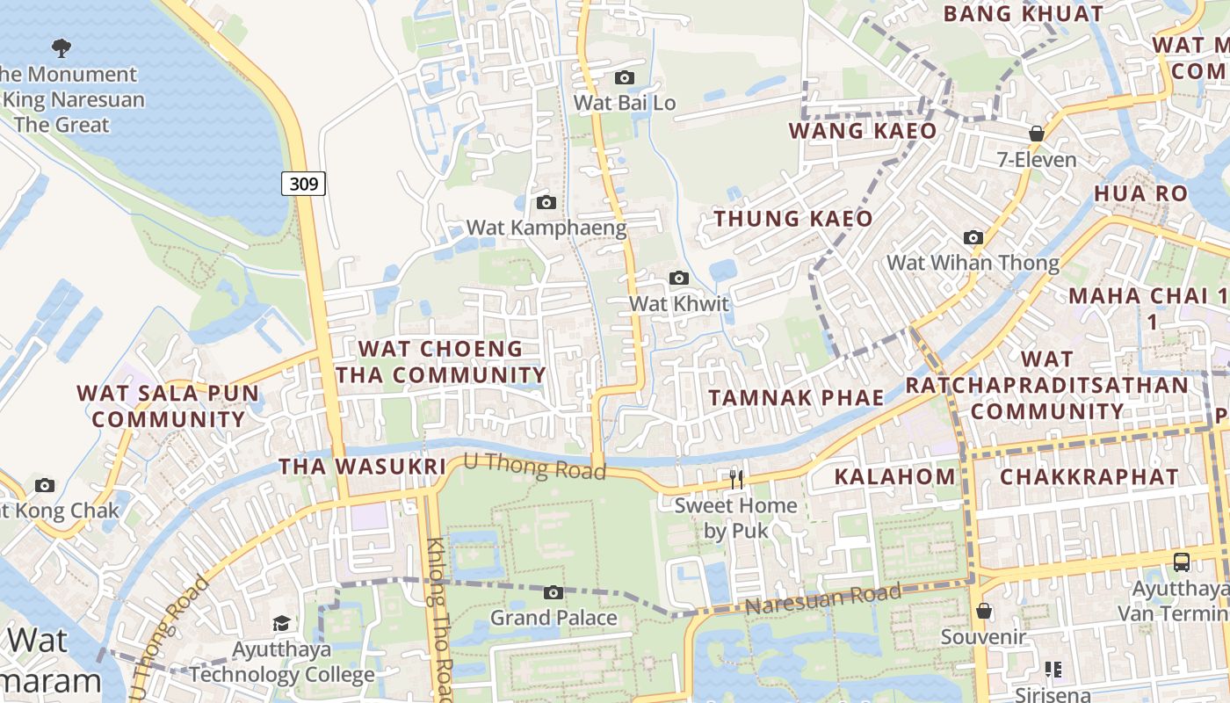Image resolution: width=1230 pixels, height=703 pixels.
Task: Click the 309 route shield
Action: tap(304, 184)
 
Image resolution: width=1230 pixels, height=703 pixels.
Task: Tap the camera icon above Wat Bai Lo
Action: tap(625, 78)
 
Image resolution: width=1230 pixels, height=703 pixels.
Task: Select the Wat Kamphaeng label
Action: tap(546, 228)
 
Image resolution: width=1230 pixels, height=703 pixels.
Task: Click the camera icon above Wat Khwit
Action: tap(679, 279)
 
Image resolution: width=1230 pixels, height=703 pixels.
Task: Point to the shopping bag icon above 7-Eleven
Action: tap(1037, 134)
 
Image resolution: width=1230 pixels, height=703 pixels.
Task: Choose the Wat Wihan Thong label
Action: tap(973, 263)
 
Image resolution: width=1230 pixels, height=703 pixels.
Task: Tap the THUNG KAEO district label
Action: tap(793, 219)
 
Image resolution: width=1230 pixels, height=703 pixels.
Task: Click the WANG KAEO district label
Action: tap(863, 131)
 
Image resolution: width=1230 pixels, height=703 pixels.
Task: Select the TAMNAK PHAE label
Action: tap(796, 397)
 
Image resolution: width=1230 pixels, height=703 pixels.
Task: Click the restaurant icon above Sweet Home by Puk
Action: tap(736, 479)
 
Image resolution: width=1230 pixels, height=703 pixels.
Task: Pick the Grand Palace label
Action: tap(553, 618)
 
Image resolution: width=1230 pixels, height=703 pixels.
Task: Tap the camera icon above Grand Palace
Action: tap(553, 593)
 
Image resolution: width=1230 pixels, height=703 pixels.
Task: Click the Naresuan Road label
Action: tap(822, 599)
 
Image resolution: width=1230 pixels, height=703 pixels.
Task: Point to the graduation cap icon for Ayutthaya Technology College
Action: tap(282, 624)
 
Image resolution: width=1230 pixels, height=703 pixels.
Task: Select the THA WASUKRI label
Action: tap(363, 467)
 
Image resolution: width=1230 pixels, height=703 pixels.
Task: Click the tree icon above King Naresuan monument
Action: tap(61, 47)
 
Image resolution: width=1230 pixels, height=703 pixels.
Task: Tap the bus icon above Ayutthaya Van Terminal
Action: tap(1182, 562)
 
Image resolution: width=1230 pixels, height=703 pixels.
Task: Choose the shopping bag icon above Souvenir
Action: tap(984, 611)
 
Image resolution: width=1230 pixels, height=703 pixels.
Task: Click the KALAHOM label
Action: tap(894, 477)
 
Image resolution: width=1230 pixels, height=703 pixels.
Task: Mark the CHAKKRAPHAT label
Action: tap(1089, 477)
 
